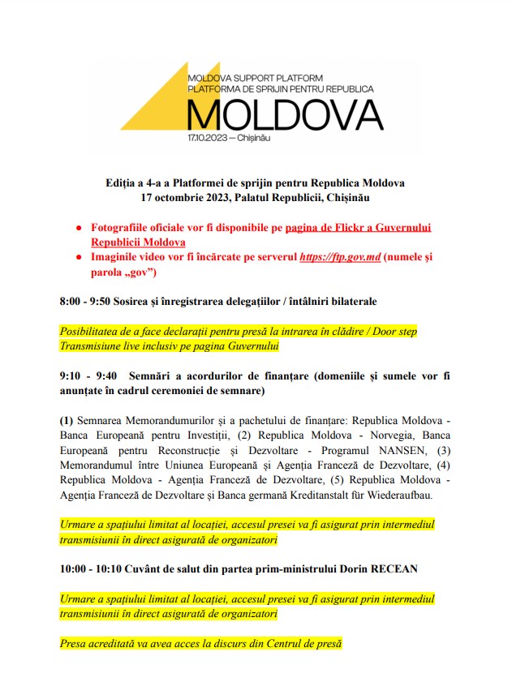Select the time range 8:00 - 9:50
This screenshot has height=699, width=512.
click(91, 302)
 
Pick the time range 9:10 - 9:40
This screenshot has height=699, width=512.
click(88, 376)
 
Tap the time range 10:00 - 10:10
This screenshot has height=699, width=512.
click(95, 569)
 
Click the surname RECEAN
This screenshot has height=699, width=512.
click(392, 569)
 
